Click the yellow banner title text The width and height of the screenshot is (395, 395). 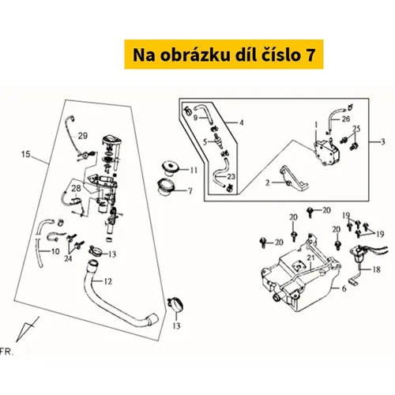224,55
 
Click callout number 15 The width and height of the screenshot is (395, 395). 26,154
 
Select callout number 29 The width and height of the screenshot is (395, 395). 83,136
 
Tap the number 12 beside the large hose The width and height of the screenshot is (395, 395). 108,281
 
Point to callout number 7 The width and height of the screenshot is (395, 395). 190,190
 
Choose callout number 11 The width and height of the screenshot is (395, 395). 194,170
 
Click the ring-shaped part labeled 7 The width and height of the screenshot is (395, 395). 166,186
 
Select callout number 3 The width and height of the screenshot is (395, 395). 383,141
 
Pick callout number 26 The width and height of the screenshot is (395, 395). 346,119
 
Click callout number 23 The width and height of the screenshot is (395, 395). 231,176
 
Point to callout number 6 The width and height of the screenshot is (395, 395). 344,288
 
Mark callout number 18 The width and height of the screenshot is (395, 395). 377,269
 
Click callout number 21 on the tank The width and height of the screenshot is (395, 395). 311,258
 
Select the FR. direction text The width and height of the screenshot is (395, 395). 6,352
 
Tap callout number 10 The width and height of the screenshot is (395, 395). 55,251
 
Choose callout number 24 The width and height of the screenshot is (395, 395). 68,258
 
